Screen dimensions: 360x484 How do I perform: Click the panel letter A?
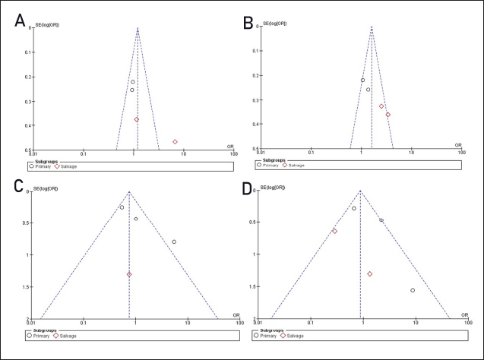(21, 21)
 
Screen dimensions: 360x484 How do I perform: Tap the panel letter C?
(18, 188)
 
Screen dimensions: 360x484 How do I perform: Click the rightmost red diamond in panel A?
(175, 142)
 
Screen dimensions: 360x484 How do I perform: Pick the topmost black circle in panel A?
(132, 82)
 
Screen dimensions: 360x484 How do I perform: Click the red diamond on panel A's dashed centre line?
(137, 119)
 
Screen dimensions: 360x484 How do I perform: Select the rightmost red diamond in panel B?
(388, 115)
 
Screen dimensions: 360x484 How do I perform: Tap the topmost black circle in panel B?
(362, 80)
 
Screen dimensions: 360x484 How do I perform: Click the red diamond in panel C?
(129, 274)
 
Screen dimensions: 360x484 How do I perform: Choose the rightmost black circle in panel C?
(174, 242)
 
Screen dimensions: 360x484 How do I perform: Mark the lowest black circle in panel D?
(413, 290)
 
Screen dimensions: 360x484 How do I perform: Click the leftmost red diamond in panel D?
(334, 231)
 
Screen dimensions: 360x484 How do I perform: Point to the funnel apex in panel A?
(138, 27)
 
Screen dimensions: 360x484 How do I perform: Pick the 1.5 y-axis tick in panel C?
(24, 287)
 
